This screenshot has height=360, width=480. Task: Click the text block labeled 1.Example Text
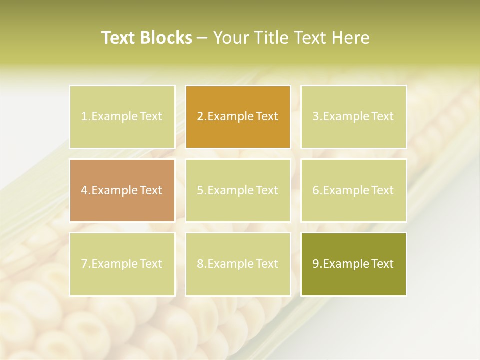122,117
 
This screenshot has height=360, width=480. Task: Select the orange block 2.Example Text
238,117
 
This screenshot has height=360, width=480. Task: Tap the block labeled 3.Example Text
353,117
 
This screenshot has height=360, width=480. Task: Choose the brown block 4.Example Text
122,190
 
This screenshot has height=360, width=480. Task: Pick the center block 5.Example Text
238,190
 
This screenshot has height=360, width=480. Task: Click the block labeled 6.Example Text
353,190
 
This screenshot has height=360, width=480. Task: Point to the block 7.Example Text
122,264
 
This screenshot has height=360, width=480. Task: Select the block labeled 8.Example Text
238,264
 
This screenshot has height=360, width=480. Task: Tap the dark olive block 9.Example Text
353,264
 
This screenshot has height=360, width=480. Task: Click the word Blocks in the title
165,38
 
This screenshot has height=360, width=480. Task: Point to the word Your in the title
231,38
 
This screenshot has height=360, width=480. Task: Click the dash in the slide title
202,38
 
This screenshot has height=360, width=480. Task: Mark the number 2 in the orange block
200,117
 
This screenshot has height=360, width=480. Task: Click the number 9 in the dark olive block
315,264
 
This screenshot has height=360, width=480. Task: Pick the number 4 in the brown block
84,190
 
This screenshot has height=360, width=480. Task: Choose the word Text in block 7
151,264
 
